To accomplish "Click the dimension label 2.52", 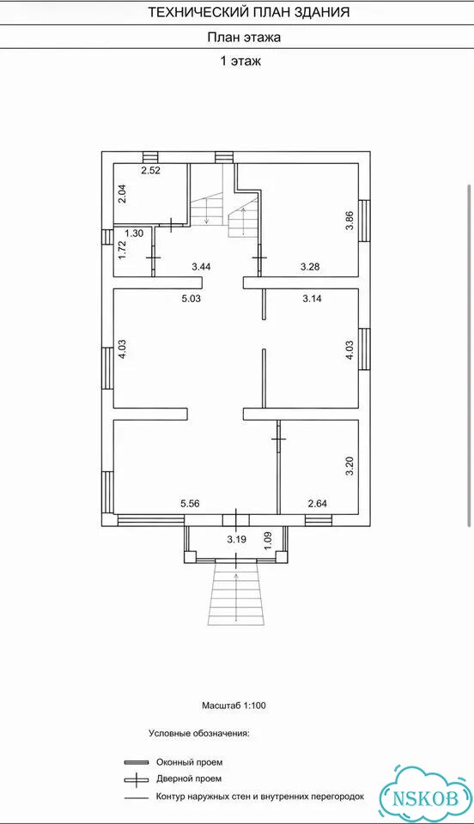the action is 150,170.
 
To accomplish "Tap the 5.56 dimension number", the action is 190,504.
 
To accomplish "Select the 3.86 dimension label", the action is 350,221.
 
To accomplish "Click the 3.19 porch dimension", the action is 236,539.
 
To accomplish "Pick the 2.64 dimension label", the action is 318,504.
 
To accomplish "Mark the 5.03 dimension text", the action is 191,299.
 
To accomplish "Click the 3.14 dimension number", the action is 313,299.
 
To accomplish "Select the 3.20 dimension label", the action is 350,467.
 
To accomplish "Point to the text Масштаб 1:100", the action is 234,706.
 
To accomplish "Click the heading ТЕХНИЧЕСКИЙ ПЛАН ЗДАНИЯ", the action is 248,12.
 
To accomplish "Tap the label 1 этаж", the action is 240,61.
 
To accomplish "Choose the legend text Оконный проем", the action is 189,762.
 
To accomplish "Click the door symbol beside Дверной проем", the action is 137,779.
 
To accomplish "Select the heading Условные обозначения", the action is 199,733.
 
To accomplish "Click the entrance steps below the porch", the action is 235,591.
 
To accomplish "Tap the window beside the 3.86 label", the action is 364,221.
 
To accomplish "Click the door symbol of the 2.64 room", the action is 279,439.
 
